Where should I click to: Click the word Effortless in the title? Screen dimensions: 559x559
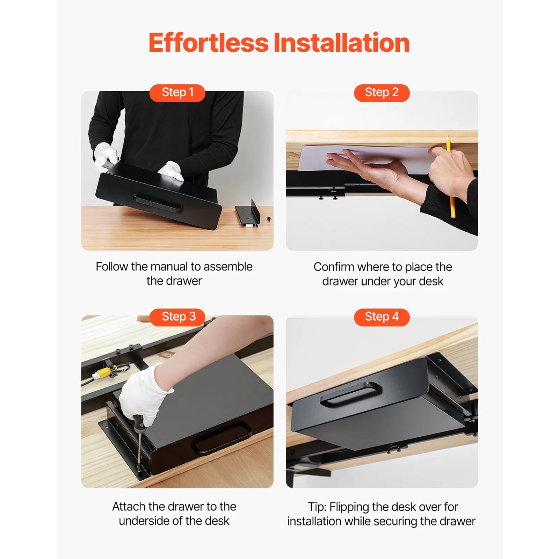point(209,43)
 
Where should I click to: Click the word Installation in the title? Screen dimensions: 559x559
point(341,43)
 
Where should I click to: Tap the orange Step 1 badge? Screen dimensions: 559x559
point(177,93)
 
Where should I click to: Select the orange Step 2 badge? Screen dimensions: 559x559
point(382,93)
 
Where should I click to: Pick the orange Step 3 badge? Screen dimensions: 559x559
point(177,317)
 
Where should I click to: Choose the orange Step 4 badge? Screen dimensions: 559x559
point(382,317)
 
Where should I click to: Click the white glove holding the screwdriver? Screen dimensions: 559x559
point(143,395)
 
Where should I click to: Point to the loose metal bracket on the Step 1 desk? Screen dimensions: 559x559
point(249,214)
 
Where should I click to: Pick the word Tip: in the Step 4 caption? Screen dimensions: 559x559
point(317,507)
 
